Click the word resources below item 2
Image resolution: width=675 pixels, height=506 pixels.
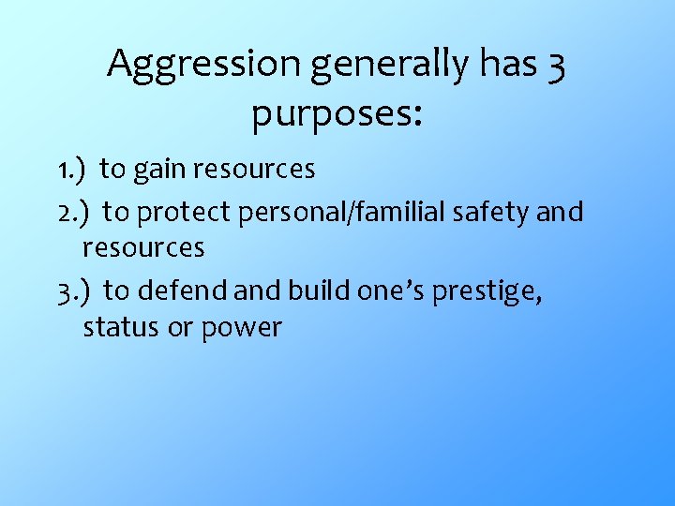point(143,248)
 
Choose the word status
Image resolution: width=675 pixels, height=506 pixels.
point(119,328)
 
